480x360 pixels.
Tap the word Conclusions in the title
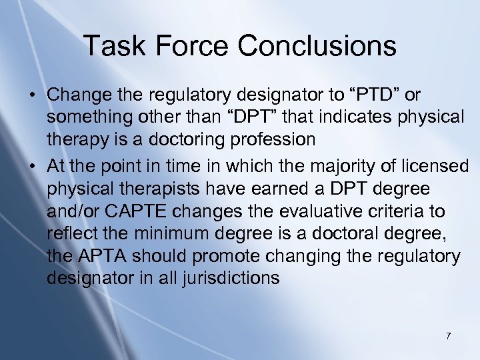317,46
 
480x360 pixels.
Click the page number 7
448,335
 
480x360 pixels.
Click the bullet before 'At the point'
32,165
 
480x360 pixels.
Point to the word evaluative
319,211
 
